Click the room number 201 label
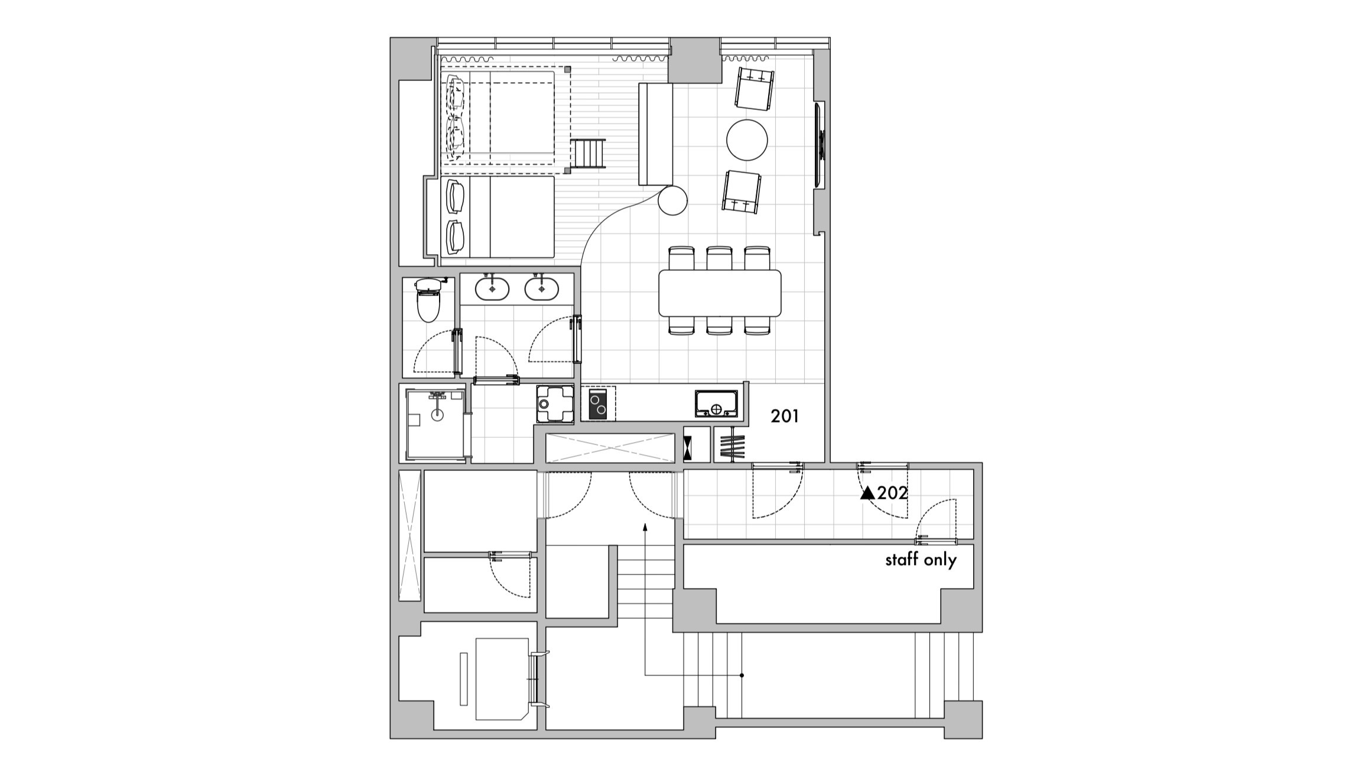coord(785,417)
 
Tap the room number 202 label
coord(892,493)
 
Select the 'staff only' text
coord(921,560)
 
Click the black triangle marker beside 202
coord(867,493)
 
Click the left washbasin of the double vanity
coord(492,290)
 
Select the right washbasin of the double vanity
coord(541,290)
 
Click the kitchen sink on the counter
coord(716,404)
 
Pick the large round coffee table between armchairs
coord(747,139)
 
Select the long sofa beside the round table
coord(656,134)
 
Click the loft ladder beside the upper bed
coord(588,153)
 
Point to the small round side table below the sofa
coord(673,200)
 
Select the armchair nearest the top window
coord(755,89)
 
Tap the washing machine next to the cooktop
coord(555,404)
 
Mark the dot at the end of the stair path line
coord(742,675)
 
